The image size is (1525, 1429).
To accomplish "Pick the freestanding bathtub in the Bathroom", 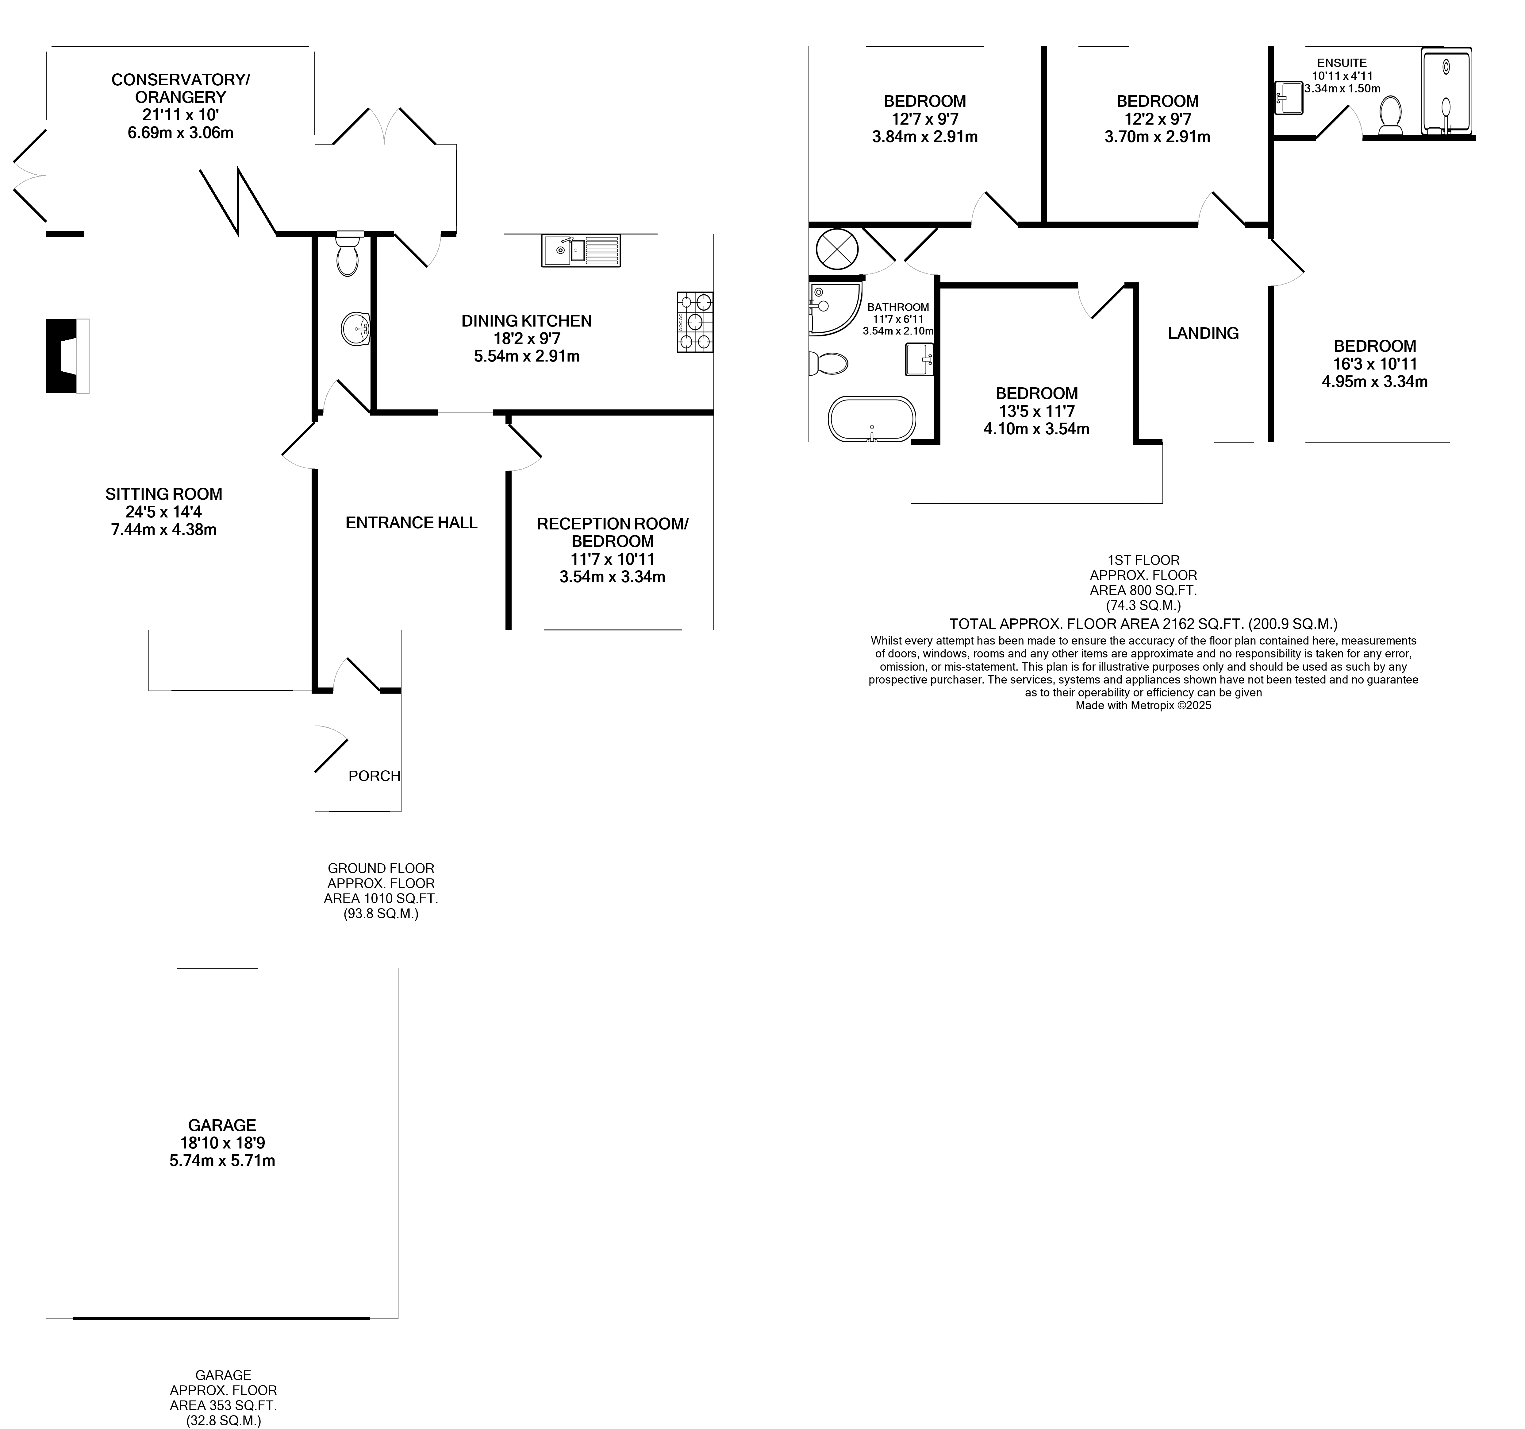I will (x=871, y=419).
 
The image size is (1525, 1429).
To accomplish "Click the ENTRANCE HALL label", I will (x=411, y=523).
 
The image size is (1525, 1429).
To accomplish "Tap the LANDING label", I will (x=1203, y=333).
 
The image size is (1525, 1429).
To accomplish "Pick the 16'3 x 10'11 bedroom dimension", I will (x=1375, y=364).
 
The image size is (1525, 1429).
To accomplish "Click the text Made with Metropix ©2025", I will (x=1143, y=705).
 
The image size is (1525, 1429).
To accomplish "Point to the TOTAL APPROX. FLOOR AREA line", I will (x=1143, y=624).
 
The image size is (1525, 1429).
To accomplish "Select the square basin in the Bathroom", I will (x=919, y=359).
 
